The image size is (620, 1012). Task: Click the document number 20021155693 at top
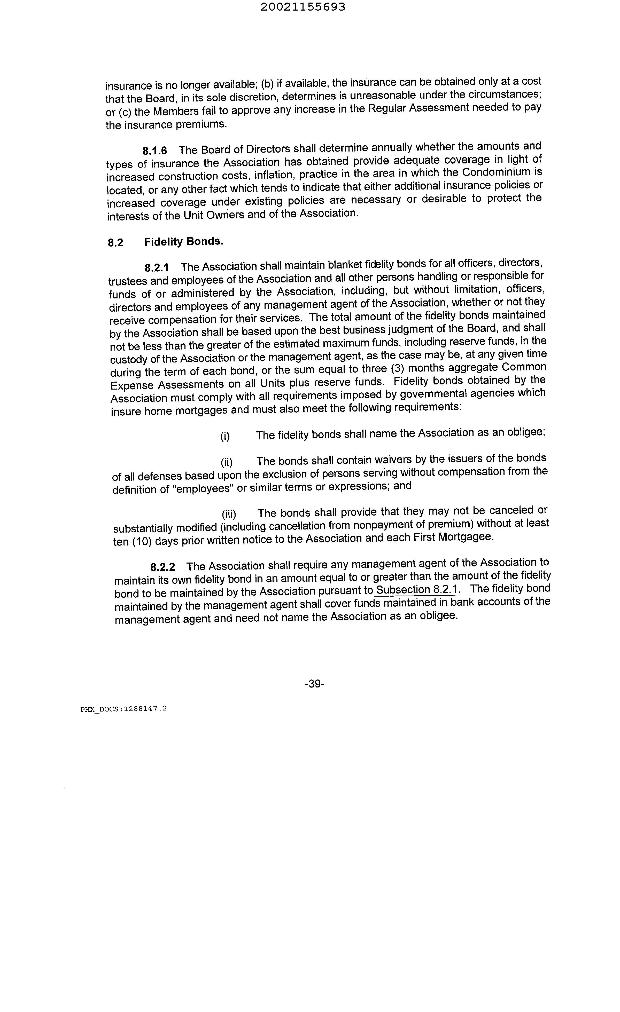click(303, 7)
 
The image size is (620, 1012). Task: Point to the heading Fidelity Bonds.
click(184, 241)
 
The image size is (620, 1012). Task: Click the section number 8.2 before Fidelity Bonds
click(115, 243)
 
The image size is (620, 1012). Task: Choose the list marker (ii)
click(226, 462)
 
